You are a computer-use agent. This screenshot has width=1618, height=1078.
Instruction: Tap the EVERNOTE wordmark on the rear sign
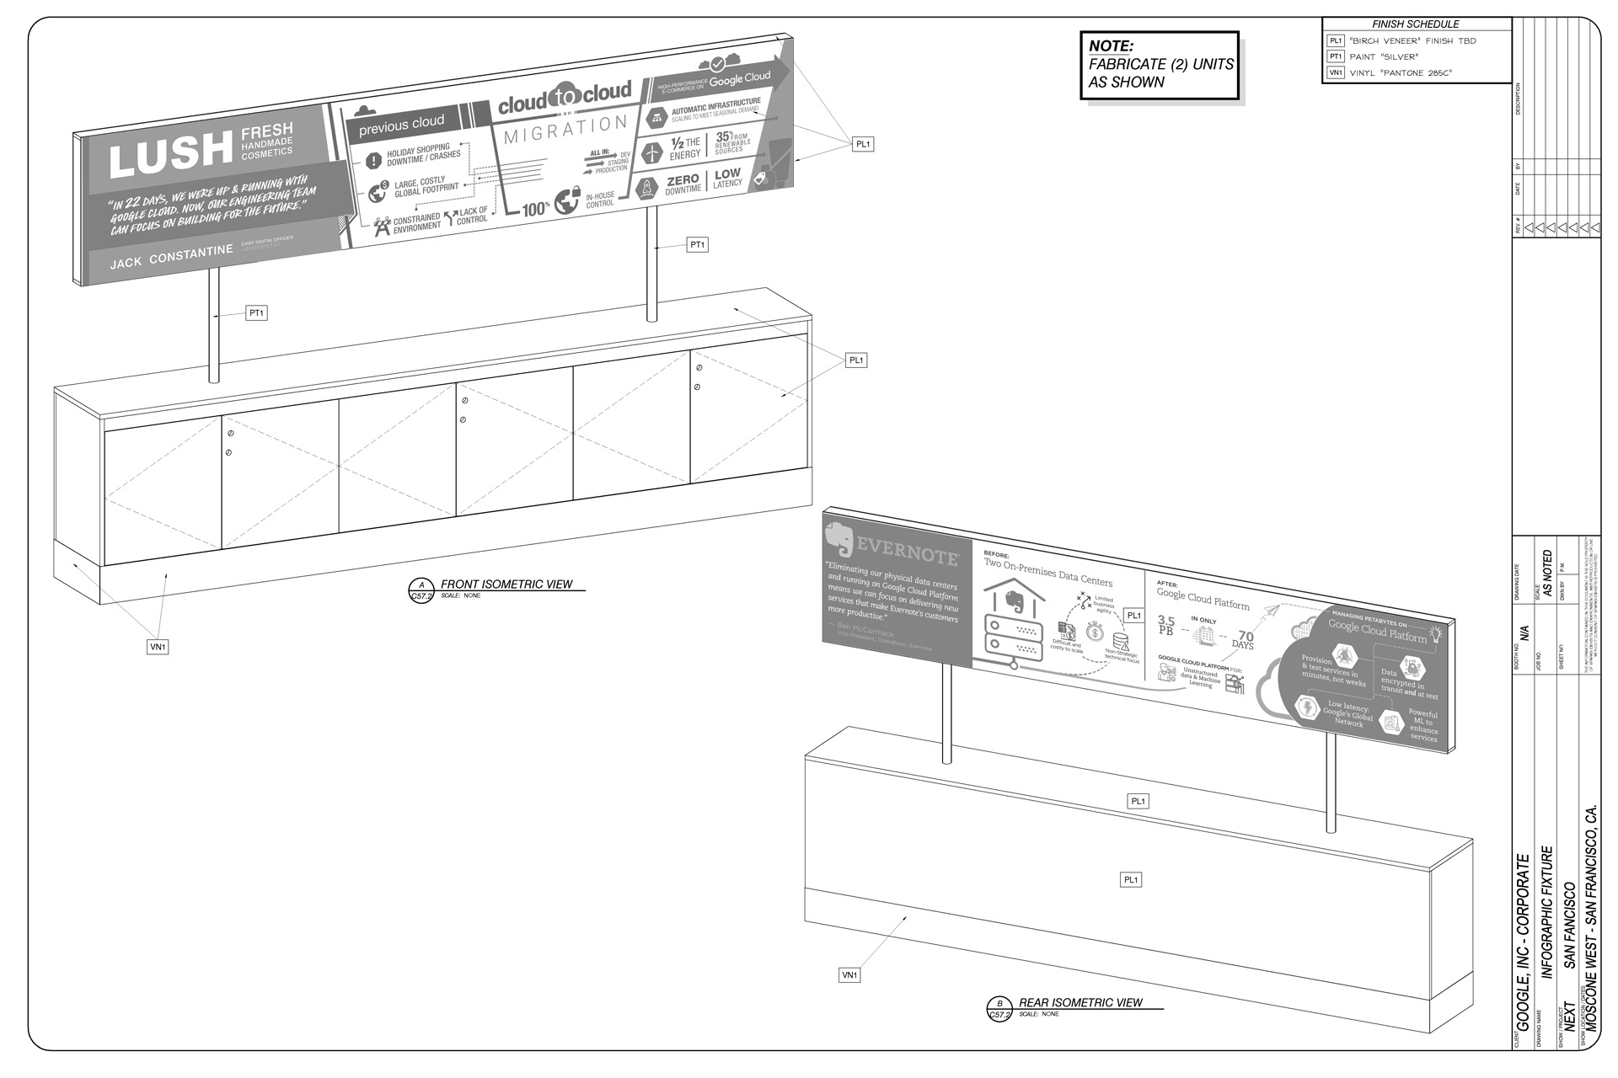[907, 552]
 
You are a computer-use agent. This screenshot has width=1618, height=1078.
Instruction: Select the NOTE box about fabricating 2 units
[1160, 65]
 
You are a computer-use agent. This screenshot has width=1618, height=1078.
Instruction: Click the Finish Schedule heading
[1415, 24]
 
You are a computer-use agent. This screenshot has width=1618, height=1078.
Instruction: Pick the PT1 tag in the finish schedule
[1336, 56]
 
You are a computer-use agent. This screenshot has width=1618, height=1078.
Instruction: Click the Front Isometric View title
[506, 584]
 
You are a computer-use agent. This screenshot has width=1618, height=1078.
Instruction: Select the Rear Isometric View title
[1080, 1002]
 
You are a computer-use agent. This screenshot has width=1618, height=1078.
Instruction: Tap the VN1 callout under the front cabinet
[158, 647]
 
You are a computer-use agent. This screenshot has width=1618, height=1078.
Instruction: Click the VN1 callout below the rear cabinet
[849, 974]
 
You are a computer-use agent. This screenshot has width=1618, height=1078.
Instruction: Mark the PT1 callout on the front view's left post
[256, 313]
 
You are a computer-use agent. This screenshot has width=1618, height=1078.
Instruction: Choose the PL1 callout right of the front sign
[863, 144]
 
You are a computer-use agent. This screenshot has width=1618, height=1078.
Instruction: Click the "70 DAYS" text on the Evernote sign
[1243, 640]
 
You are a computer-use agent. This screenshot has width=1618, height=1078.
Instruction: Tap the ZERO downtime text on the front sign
[683, 184]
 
